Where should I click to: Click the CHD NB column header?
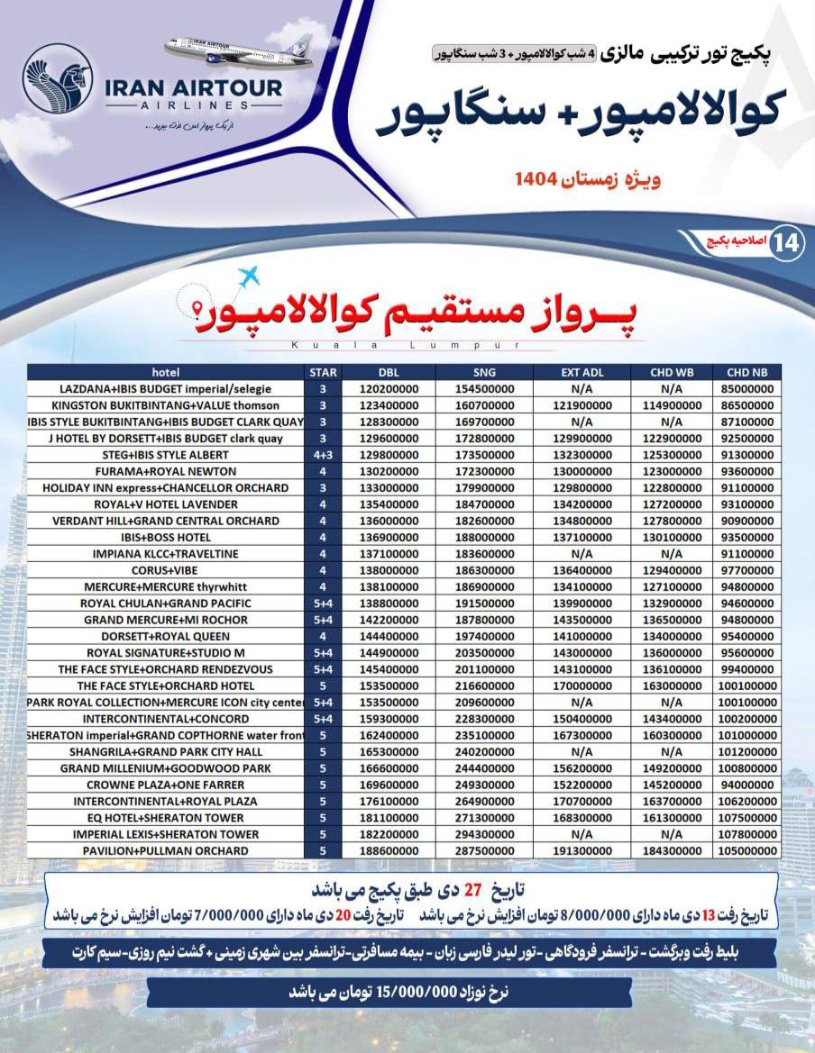746,372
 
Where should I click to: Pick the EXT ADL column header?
581,372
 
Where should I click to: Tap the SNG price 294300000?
483,834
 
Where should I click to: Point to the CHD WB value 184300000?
671,850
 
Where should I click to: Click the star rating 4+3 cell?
323,455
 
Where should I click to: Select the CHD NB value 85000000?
746,389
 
